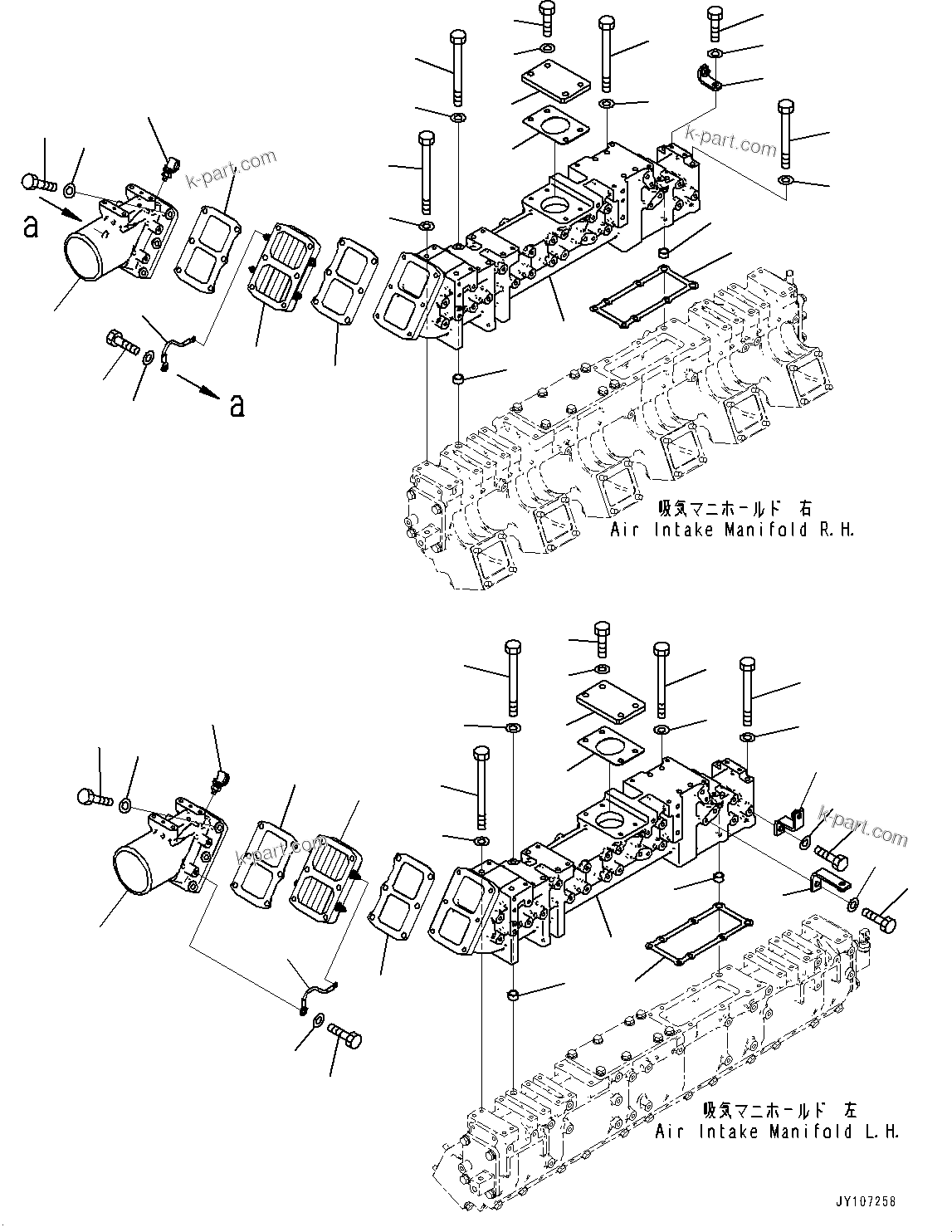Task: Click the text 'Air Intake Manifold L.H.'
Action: pos(777,1132)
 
